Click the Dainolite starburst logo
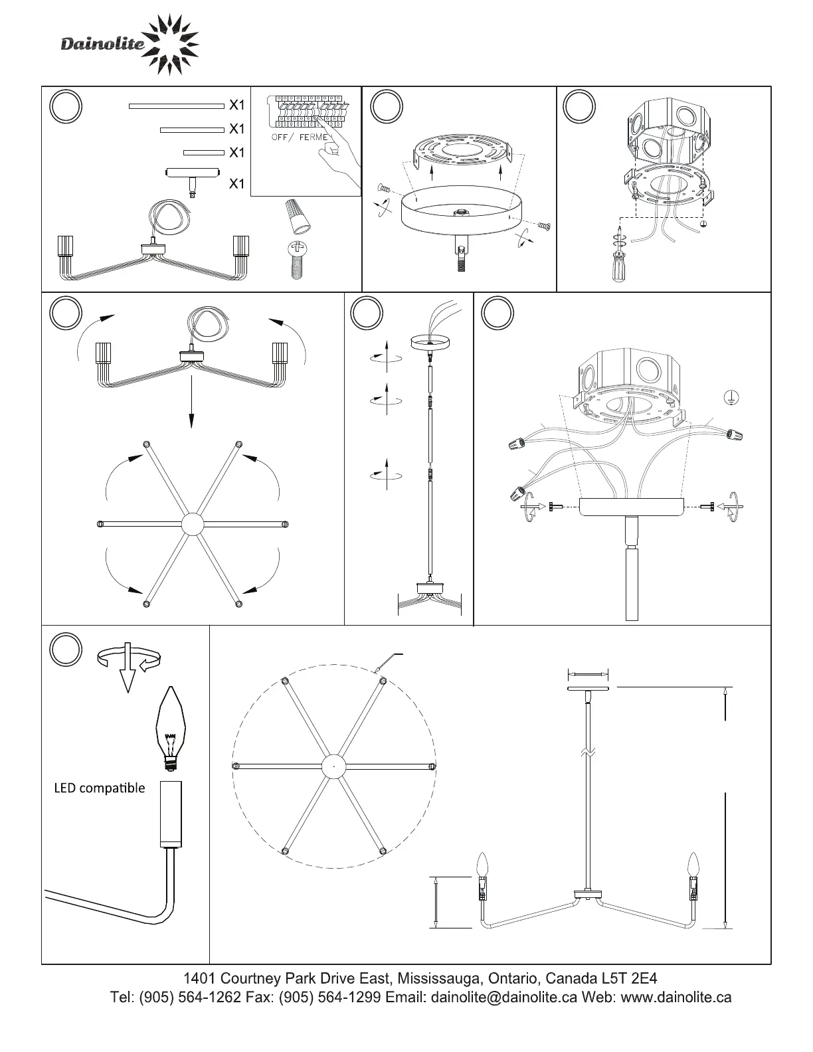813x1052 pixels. [x=171, y=45]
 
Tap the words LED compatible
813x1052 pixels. [x=99, y=788]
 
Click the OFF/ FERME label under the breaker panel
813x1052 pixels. [x=300, y=137]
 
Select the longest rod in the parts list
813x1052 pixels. [x=176, y=105]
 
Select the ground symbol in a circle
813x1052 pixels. [x=731, y=398]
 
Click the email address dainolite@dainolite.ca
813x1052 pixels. [x=503, y=998]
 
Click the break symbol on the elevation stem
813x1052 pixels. [x=588, y=753]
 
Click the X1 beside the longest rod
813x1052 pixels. [x=237, y=105]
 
